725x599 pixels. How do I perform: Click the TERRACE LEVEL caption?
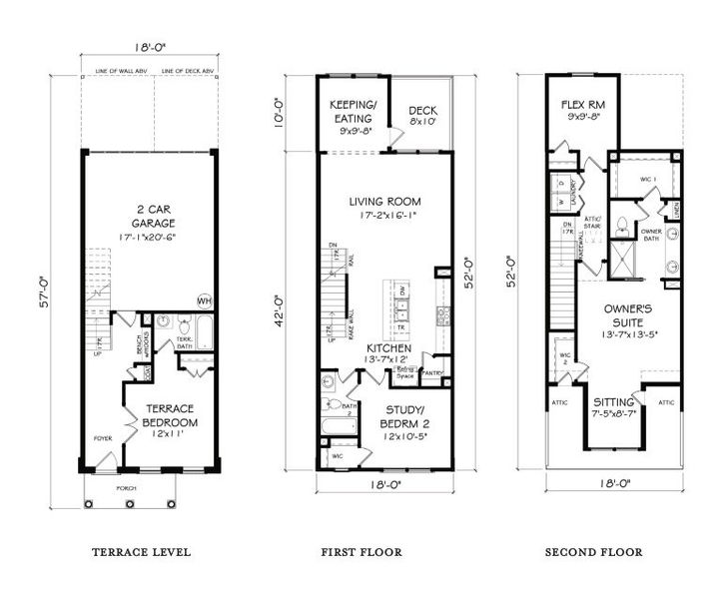tap(141, 551)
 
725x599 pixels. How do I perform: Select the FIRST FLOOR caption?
tap(362, 551)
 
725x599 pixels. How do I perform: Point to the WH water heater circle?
tap(205, 300)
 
